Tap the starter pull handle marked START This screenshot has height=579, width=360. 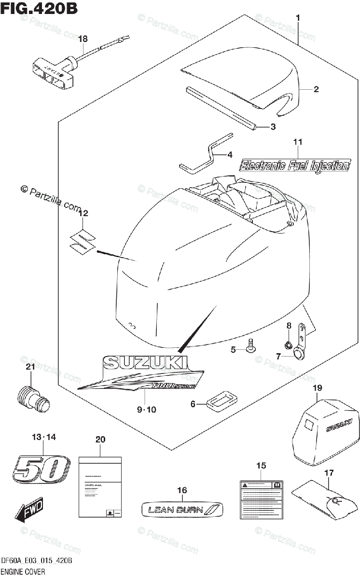[x=51, y=72]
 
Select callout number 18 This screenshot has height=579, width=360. [x=83, y=39]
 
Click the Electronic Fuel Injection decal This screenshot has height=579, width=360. [x=295, y=165]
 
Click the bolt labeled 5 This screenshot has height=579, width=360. [x=250, y=346]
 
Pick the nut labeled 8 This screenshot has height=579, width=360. [x=288, y=345]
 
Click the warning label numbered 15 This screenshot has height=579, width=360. [x=261, y=499]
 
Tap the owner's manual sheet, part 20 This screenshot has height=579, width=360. [x=100, y=488]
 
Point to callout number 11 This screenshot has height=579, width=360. [x=298, y=142]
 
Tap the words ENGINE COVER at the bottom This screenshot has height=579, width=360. [x=23, y=572]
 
